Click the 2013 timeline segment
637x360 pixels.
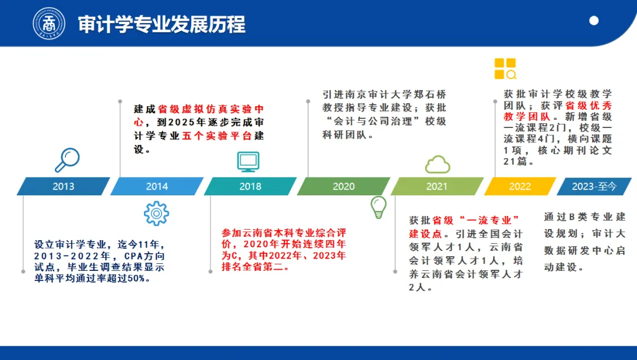[63, 186]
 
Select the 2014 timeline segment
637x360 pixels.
[157, 186]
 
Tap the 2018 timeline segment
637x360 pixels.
[250, 186]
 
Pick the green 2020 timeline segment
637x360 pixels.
[344, 186]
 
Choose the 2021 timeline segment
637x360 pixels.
[437, 186]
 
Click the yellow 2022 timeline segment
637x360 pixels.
[520, 186]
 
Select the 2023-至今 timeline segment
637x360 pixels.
[594, 186]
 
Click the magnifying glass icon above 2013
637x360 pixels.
[67, 160]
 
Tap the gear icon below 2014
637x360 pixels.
[156, 213]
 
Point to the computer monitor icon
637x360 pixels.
[248, 162]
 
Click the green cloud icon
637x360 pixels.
[438, 164]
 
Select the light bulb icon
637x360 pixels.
[378, 207]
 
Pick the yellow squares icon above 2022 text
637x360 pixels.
[505, 68]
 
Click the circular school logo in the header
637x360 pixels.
[49, 23]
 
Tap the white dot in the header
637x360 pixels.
[594, 21]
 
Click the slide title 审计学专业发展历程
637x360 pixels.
[162, 24]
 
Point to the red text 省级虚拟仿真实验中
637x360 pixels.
[211, 109]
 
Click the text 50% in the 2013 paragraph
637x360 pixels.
[136, 279]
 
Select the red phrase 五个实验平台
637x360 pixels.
[217, 136]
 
